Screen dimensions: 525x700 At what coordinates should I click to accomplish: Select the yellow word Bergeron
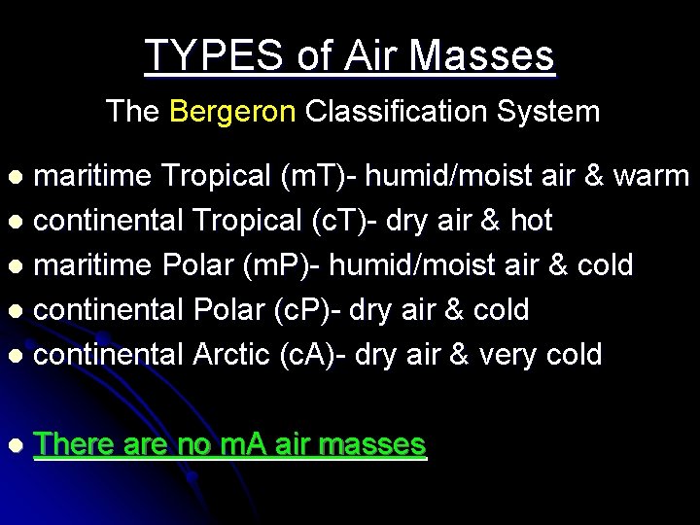point(232,112)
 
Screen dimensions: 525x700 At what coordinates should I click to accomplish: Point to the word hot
point(531,222)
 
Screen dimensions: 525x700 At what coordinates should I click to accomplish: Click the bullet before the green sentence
point(15,446)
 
